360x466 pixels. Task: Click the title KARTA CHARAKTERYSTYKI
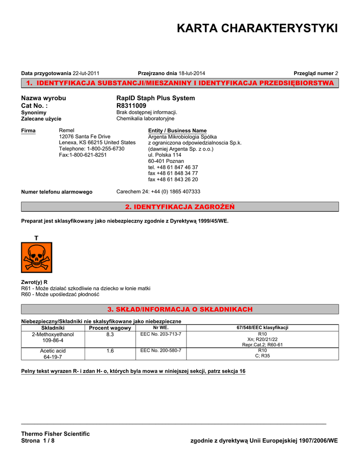point(257,29)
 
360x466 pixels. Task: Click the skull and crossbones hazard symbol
point(36,257)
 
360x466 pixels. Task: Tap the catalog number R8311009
point(132,106)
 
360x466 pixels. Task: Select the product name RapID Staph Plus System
point(156,98)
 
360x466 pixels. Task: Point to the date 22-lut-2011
point(86,73)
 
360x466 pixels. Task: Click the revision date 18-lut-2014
point(192,73)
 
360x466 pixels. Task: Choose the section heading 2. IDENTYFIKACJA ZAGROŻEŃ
point(180,207)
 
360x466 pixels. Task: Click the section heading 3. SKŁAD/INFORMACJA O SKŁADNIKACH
point(180,309)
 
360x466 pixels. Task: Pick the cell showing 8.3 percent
point(110,334)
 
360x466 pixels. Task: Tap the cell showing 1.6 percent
point(110,351)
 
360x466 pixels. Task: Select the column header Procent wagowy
point(110,328)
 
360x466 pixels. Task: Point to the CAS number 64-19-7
point(53,357)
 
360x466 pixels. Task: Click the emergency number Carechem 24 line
point(158,192)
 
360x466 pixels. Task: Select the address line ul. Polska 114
point(165,155)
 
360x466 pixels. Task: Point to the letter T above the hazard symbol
point(36,238)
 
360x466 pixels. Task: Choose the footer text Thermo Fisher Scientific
point(56,434)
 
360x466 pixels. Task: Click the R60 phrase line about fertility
point(60,294)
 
